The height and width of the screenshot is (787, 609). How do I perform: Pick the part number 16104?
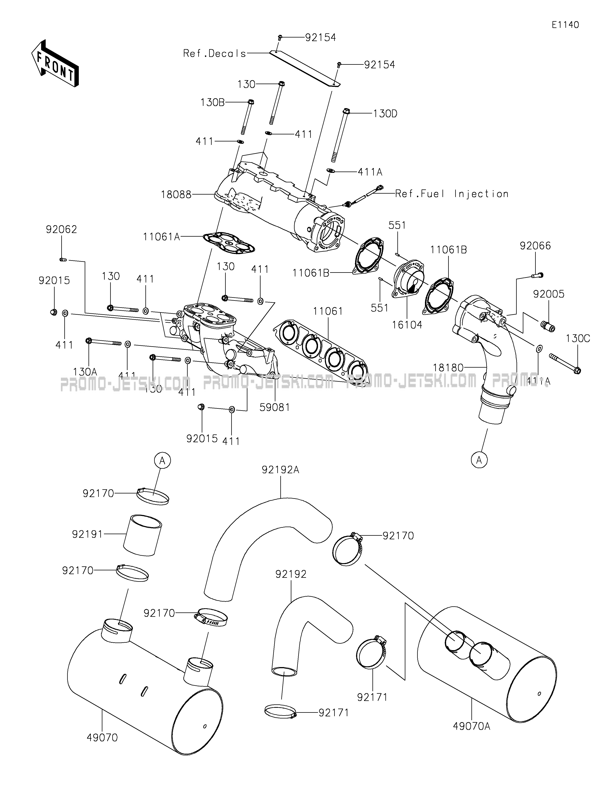407,325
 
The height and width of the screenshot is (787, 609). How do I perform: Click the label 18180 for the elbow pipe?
448,368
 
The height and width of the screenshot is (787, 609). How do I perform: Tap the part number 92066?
535,246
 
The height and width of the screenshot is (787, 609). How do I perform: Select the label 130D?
385,114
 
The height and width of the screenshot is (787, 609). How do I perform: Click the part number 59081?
275,407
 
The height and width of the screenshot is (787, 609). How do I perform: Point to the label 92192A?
281,470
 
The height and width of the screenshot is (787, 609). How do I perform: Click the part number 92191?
88,534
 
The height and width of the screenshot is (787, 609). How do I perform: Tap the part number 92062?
61,230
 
